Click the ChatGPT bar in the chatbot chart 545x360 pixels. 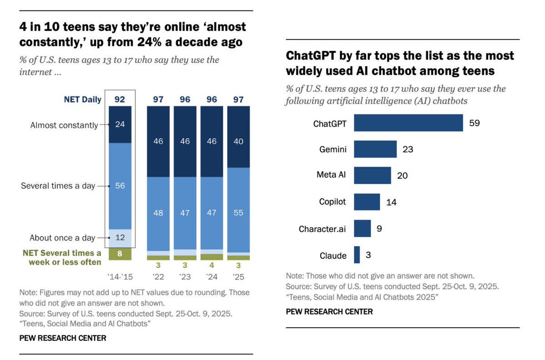click(408, 123)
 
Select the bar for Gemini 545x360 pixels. click(375, 149)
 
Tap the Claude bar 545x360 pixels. click(357, 255)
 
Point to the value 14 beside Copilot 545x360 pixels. click(391, 202)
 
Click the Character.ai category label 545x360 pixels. click(322, 229)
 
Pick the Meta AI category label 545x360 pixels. click(331, 175)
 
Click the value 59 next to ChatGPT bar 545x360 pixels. click(475, 123)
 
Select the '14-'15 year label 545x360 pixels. click(120, 276)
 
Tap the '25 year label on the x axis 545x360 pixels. click(238, 276)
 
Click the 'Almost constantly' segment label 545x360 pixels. click(64, 125)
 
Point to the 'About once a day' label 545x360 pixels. click(62, 237)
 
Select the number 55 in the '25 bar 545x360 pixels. click(238, 212)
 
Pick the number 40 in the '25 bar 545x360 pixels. click(238, 141)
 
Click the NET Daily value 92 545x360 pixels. click(120, 99)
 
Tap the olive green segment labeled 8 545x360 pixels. click(120, 254)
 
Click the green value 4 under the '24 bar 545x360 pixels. click(212, 265)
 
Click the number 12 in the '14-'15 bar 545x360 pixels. click(120, 237)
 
